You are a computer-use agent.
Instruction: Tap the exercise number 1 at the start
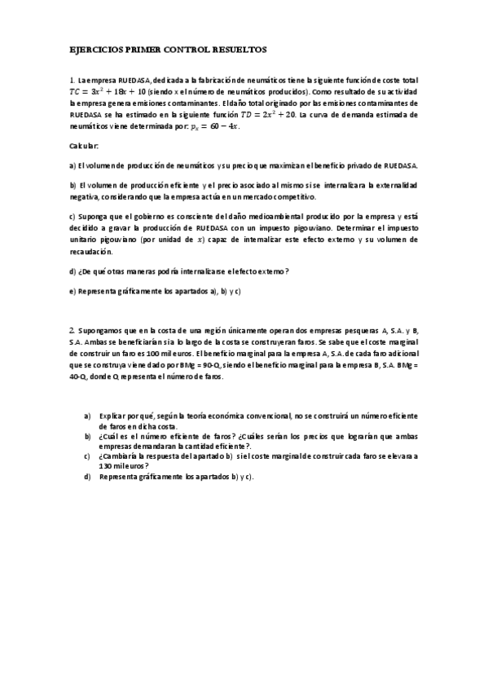72,81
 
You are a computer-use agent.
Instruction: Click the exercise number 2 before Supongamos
72,329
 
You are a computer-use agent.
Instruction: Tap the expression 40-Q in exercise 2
81,377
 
